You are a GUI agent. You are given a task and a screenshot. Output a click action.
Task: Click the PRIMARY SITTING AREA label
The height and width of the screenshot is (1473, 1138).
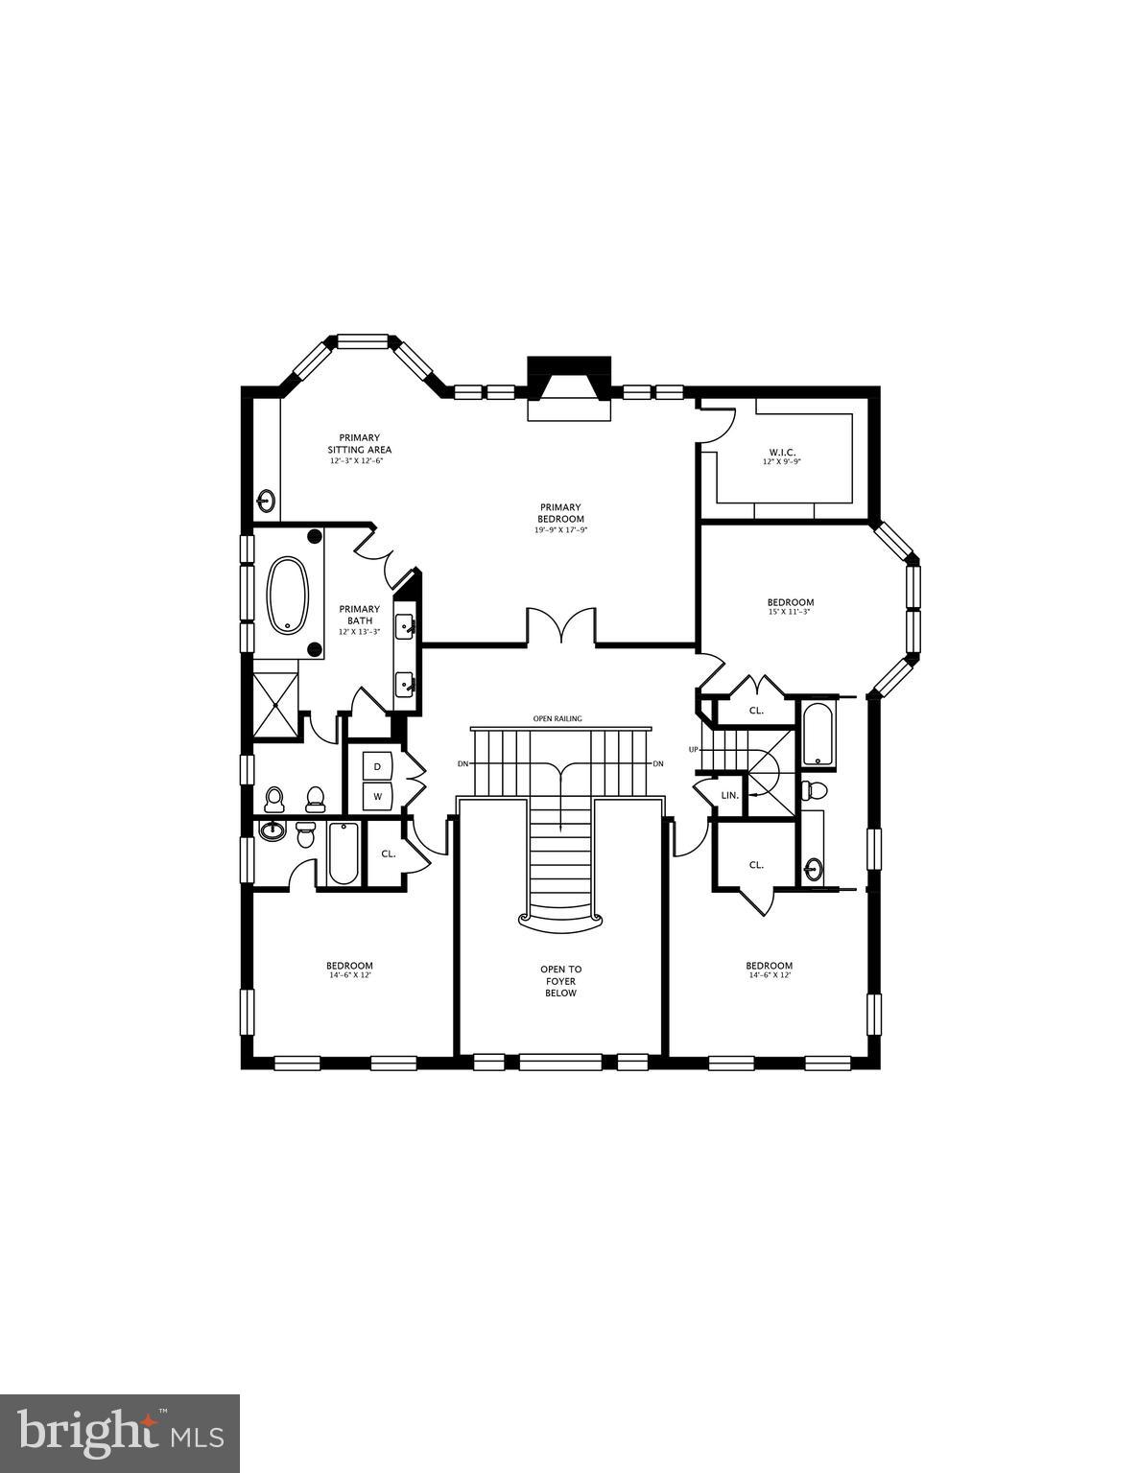359,444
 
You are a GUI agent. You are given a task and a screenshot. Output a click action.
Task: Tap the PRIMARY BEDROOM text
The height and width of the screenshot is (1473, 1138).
560,513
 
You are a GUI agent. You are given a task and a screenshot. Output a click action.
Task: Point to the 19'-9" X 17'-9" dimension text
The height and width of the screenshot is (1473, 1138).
560,530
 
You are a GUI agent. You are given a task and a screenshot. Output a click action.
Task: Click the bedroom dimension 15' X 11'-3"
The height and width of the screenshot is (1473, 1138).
790,612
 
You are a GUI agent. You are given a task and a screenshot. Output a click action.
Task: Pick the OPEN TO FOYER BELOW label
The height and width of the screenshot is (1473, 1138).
560,981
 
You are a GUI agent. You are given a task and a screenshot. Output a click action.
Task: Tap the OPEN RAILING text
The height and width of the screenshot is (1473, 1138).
557,718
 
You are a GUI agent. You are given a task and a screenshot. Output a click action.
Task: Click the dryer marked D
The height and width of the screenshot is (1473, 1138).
377,766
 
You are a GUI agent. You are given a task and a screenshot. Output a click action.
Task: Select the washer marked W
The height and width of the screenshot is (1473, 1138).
377,796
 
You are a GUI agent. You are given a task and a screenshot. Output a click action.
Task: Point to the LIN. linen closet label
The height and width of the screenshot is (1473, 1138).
729,796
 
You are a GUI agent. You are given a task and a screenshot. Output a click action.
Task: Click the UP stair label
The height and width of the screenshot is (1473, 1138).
693,749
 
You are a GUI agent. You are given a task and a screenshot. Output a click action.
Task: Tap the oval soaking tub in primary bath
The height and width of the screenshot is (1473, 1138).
288,596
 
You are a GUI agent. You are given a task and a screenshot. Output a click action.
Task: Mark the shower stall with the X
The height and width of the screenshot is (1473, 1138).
276,705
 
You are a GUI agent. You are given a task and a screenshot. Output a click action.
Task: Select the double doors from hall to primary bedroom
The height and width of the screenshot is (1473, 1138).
560,627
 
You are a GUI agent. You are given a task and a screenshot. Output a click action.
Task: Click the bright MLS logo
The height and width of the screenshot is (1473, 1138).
120,1434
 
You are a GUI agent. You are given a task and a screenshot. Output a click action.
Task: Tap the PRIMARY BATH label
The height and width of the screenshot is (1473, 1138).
359,615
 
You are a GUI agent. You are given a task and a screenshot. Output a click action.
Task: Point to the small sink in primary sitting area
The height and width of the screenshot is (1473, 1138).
266,500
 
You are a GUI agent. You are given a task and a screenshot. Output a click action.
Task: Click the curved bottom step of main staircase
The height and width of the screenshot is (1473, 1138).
560,919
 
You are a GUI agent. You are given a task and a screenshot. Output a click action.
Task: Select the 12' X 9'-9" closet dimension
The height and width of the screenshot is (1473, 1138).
782,462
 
